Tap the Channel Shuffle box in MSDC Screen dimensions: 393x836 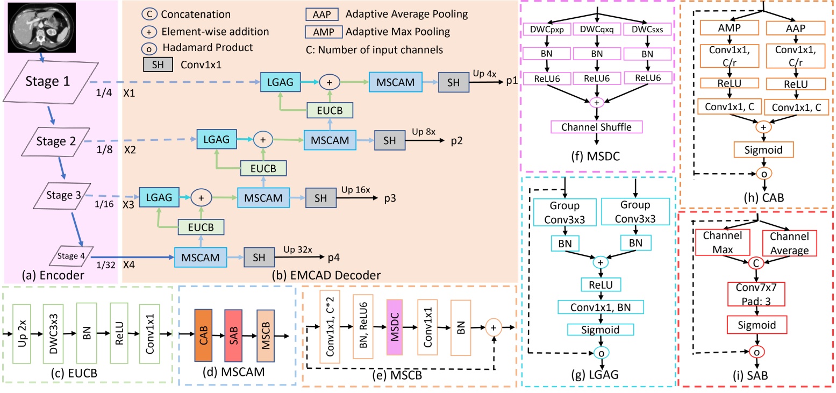pyautogui.click(x=597, y=128)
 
